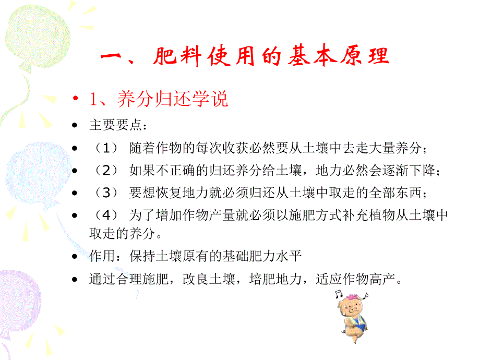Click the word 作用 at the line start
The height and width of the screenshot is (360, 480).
(100, 257)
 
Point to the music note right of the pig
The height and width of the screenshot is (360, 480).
(366, 296)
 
